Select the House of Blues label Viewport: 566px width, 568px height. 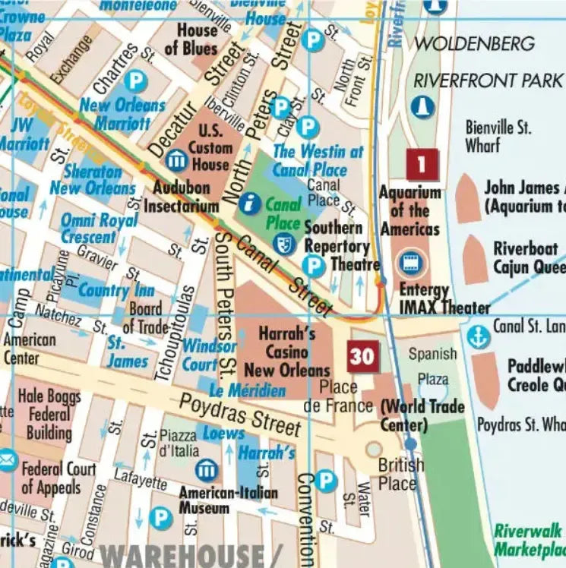(x=197, y=39)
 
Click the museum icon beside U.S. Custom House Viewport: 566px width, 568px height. (x=176, y=160)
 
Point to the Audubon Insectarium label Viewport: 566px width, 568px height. (x=182, y=196)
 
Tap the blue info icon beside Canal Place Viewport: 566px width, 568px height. (x=249, y=204)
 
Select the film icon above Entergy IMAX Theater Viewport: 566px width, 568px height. (x=412, y=263)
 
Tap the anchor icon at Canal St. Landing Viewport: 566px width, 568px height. (x=478, y=335)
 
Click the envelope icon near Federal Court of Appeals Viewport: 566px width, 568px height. (x=7, y=459)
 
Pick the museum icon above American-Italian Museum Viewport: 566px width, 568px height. (x=206, y=470)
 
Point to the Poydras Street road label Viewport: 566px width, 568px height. (x=240, y=415)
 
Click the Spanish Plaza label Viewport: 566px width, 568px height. (x=433, y=366)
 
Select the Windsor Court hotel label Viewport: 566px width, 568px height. (x=209, y=355)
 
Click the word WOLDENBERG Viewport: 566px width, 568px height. (x=473, y=44)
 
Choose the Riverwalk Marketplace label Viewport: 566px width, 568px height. (x=529, y=540)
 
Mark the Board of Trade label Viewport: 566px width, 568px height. (x=144, y=317)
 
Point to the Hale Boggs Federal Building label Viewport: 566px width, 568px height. (x=49, y=415)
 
